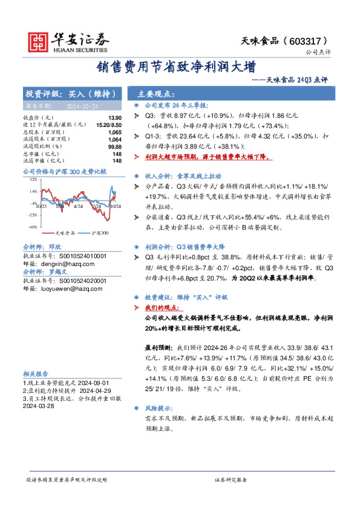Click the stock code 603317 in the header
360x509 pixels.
point(314,40)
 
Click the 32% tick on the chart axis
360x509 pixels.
point(32,180)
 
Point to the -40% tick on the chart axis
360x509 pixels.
point(32,227)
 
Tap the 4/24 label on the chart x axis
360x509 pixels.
point(77,207)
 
